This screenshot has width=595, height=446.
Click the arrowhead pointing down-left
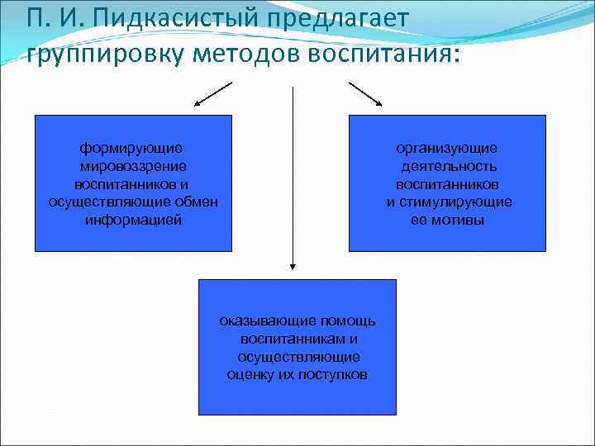coord(198,104)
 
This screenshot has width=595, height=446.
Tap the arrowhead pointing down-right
coord(378,103)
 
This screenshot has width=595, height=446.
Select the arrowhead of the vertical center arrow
coord(293,267)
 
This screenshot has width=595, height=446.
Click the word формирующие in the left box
coord(131,148)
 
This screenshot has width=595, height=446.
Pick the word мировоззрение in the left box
coord(132,166)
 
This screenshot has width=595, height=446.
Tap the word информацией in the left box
coord(133,221)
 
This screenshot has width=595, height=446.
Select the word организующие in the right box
coord(446,148)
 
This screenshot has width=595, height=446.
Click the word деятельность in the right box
coord(447,166)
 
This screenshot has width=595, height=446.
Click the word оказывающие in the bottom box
coord(259,320)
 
